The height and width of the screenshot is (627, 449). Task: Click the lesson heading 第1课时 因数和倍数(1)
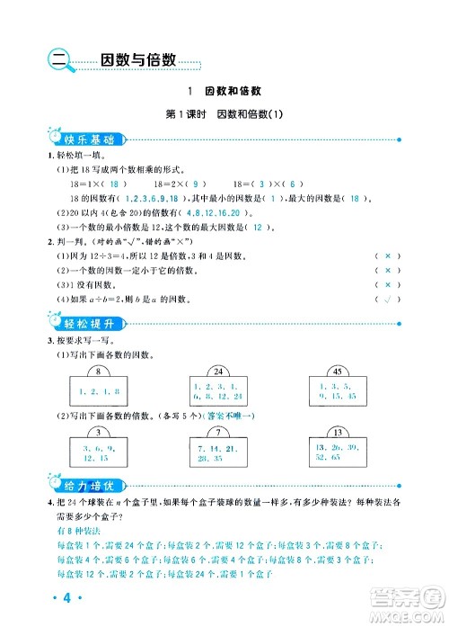coord(224,114)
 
